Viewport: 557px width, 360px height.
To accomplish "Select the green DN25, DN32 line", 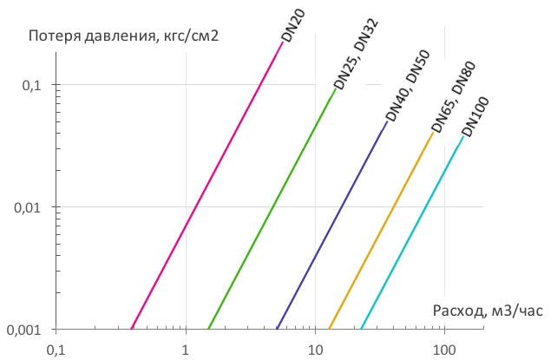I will (272, 208).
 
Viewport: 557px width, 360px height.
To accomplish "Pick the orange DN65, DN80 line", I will (382, 230).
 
